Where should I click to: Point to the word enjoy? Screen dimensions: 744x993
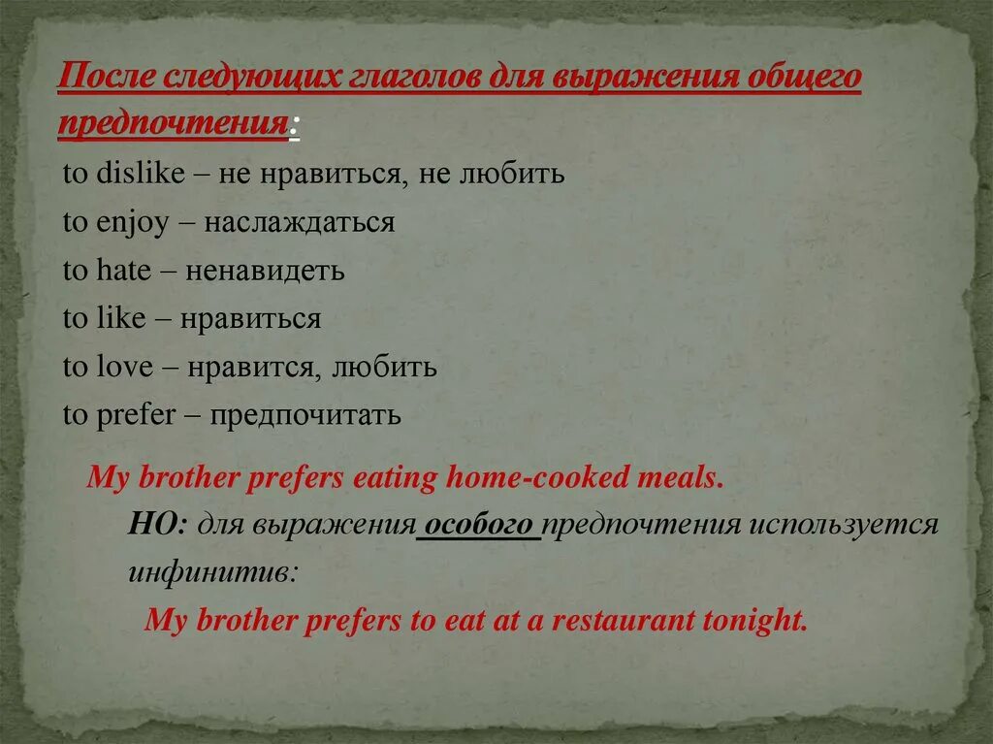click(x=135, y=223)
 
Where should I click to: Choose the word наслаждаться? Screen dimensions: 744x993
click(x=300, y=223)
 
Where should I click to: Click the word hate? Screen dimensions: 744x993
click(x=123, y=271)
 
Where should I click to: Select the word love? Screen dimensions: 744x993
click(x=124, y=368)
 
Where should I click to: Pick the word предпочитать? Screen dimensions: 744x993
click(x=305, y=416)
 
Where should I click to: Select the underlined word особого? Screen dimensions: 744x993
click(x=478, y=525)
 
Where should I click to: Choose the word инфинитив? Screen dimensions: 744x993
click(x=212, y=571)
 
